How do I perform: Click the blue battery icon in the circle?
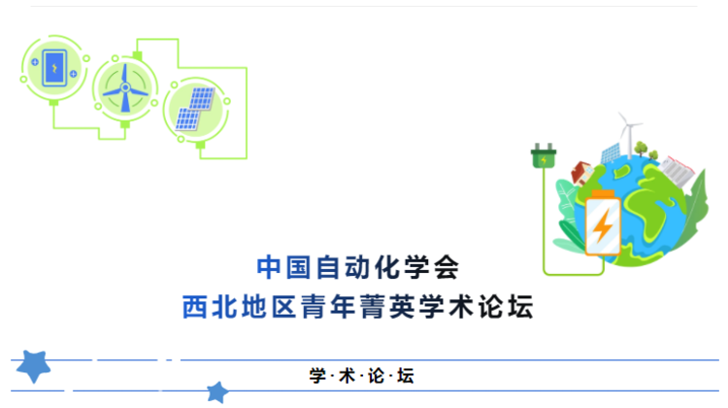pyautogui.click(x=54, y=67)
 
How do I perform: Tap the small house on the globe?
pyautogui.click(x=579, y=175)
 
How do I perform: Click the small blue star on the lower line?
pyautogui.click(x=217, y=391)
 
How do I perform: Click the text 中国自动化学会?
pyautogui.click(x=357, y=265)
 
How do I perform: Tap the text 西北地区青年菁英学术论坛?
pyautogui.click(x=358, y=308)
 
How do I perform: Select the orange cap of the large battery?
pyautogui.click(x=603, y=194)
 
